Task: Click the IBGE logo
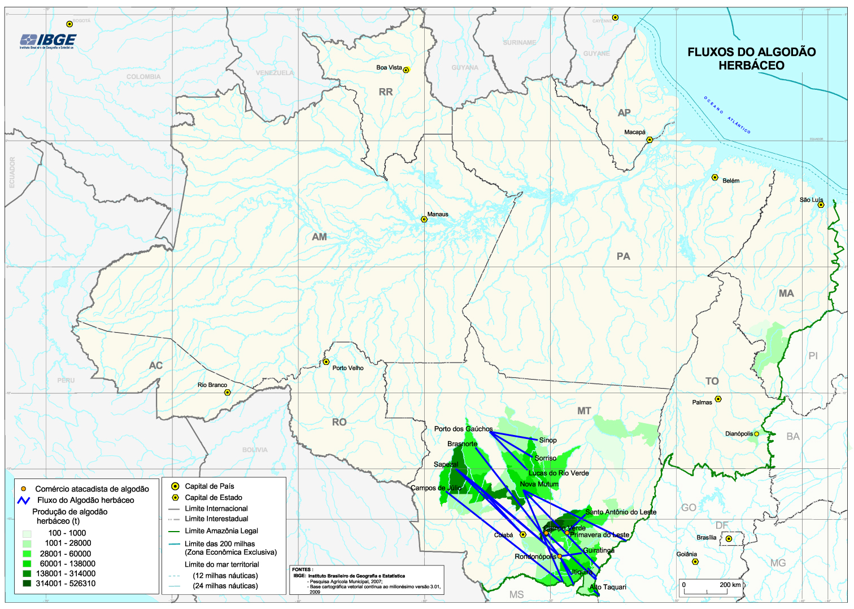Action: pos(48,40)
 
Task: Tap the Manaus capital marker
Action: pos(424,219)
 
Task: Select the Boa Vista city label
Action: pos(389,68)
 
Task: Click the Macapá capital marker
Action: pos(650,140)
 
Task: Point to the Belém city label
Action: pos(731,181)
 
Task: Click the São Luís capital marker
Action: pos(821,205)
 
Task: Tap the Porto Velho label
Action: pos(348,368)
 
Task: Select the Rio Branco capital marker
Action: pos(228,392)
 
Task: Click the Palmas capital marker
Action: pos(718,399)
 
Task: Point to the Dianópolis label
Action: pos(739,434)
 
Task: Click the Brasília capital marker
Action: pos(729,538)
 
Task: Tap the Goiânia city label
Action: pos(687,554)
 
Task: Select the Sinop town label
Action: pos(548,440)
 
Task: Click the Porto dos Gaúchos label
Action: pos(463,429)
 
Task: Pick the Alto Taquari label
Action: pos(608,587)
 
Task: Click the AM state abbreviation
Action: pos(319,237)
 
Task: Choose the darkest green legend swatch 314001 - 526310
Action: pos(27,584)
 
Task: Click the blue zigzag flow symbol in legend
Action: pos(24,500)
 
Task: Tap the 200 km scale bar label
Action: pos(730,585)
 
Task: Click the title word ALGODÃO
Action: pos(785,52)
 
